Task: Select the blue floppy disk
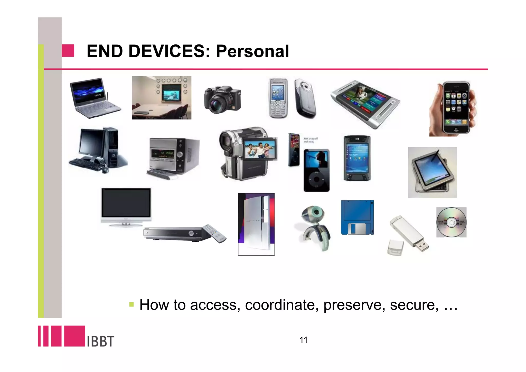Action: [x=357, y=217]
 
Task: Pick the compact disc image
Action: [x=451, y=222]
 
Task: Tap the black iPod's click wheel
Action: [x=316, y=179]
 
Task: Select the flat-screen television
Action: [x=126, y=203]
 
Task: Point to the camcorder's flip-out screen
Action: [x=260, y=149]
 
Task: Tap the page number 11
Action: [x=303, y=340]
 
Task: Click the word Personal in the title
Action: [x=252, y=51]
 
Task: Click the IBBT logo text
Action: [x=100, y=341]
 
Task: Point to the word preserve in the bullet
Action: [x=354, y=305]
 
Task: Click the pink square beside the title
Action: [x=68, y=51]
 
